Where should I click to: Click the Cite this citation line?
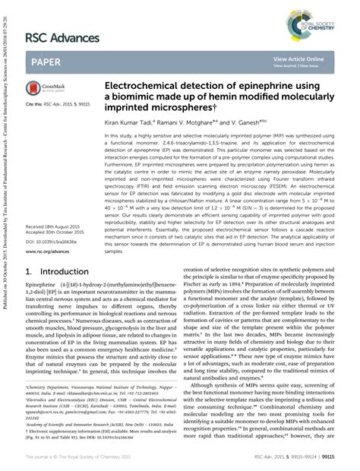(58, 103)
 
